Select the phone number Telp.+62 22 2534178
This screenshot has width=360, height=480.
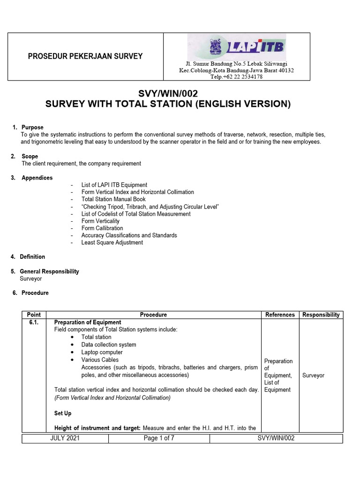(236, 77)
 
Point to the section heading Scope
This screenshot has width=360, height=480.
(30, 156)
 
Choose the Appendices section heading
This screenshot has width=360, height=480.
(37, 178)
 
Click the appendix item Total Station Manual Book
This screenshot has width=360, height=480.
(114, 199)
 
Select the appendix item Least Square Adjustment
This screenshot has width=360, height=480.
(112, 243)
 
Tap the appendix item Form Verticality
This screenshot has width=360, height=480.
(100, 221)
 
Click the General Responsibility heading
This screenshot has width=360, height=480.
(49, 271)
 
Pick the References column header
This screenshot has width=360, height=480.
(280, 315)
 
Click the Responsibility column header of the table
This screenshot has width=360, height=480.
(321, 315)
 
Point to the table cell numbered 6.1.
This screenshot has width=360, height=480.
(34, 322)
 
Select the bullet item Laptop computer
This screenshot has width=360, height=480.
(102, 352)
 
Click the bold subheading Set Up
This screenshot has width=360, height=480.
(63, 413)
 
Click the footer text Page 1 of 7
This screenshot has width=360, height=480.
(159, 438)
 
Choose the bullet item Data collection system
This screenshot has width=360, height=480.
(109, 345)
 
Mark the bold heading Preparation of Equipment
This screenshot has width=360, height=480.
(88, 322)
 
